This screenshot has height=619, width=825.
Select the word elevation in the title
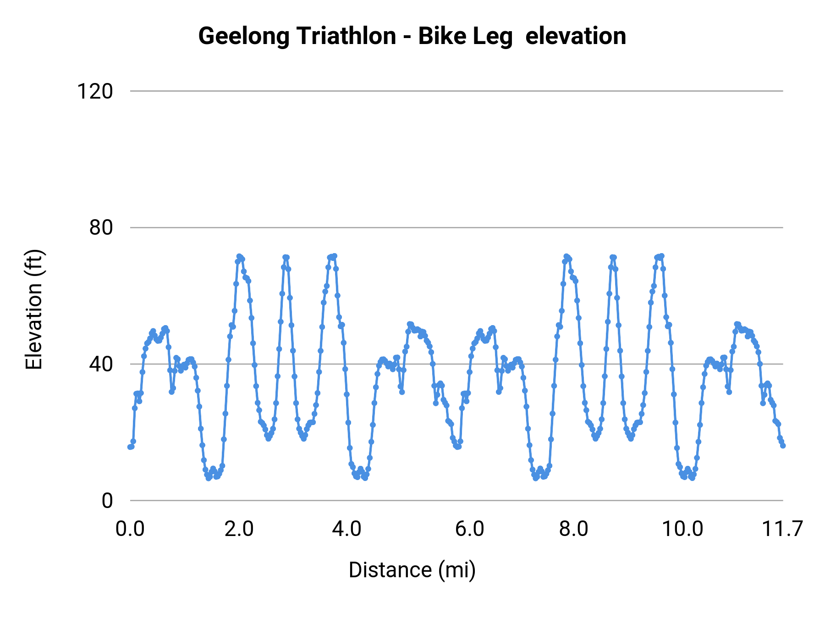[576, 36]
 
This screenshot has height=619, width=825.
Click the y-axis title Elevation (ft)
[34, 309]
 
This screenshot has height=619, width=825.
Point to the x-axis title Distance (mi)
[412, 570]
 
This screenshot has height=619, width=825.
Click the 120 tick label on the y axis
[95, 91]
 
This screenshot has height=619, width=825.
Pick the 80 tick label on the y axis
[101, 227]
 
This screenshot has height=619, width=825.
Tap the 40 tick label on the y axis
[101, 364]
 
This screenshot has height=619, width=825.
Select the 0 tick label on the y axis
[107, 501]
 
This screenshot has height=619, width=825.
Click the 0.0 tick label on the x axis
[130, 529]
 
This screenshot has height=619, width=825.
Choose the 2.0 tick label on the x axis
[239, 529]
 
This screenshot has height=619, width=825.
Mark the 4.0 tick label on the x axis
[347, 529]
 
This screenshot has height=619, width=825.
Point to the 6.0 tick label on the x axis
[470, 529]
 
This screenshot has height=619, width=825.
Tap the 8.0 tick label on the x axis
[574, 529]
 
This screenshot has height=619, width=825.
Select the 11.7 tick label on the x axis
[782, 529]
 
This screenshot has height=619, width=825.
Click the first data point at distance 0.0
[130, 447]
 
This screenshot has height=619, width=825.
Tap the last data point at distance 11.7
[783, 446]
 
